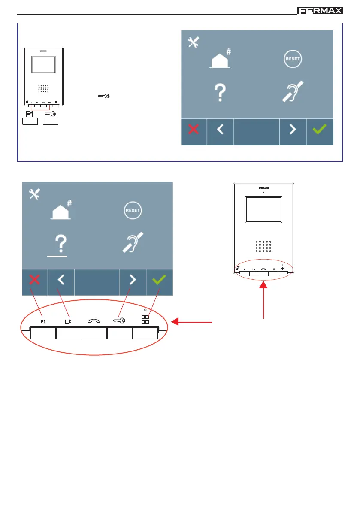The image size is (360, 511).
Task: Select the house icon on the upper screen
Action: point(220,60)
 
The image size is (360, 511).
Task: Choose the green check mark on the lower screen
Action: point(159,280)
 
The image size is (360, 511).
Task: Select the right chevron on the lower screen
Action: point(133,280)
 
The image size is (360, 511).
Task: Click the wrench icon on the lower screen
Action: point(34,194)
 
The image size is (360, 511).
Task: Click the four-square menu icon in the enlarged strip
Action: point(145,319)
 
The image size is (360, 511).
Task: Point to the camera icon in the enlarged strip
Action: point(68,321)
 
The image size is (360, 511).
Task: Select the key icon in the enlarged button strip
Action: point(119,320)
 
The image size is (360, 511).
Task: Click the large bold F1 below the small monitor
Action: point(30,114)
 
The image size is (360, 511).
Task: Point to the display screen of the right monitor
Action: point(263,210)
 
